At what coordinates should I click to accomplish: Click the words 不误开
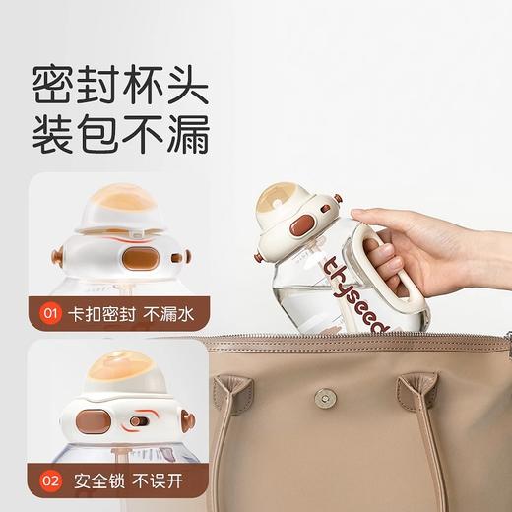tap(158, 482)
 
